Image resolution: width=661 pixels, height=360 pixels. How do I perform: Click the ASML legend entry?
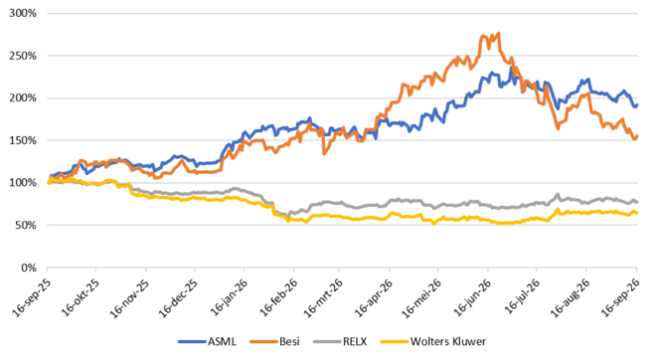(x=207, y=341)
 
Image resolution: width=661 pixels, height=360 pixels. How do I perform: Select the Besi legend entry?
(x=275, y=341)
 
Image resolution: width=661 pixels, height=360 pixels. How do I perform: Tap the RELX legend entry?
(x=340, y=341)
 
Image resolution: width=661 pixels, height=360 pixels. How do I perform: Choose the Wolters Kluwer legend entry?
(x=433, y=341)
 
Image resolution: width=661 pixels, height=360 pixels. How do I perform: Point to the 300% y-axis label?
(x=23, y=14)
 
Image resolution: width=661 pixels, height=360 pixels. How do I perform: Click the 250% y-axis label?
(x=23, y=56)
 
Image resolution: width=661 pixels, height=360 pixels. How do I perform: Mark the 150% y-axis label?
(x=23, y=140)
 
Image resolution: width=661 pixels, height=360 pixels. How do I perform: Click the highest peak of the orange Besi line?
(x=499, y=33)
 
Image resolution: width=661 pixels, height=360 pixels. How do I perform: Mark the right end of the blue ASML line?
(x=637, y=105)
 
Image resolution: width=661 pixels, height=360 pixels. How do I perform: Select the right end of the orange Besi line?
(x=637, y=135)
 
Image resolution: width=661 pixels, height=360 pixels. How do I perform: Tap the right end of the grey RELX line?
(x=637, y=202)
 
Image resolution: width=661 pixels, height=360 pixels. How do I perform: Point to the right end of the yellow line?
(x=637, y=213)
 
